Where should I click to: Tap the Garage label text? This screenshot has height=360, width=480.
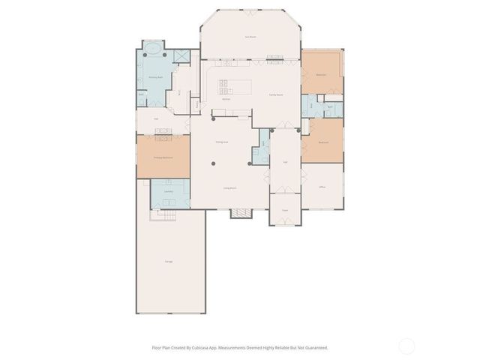point(169,261)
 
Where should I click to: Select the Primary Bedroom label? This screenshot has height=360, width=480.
point(163,157)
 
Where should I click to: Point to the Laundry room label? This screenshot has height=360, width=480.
point(169,192)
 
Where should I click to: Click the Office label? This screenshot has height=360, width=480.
point(322,187)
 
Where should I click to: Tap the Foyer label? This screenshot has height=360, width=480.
point(285,210)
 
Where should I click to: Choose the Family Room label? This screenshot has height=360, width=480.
point(275,95)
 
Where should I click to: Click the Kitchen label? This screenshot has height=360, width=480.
point(225,99)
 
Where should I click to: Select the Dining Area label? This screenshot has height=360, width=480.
point(222,142)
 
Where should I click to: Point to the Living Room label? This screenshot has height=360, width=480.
point(229,188)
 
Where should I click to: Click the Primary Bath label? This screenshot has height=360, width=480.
point(157,77)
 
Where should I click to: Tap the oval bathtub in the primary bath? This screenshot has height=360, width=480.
point(153,51)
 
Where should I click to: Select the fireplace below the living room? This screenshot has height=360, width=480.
point(241,213)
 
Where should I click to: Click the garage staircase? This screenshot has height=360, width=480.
point(163,215)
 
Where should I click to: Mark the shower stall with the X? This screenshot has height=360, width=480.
point(181,55)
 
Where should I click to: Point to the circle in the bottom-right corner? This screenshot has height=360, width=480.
point(406,346)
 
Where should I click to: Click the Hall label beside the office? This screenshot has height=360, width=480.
point(285,161)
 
